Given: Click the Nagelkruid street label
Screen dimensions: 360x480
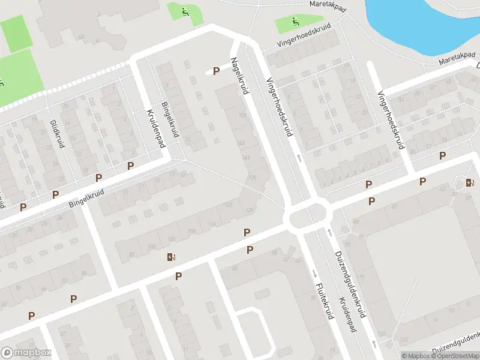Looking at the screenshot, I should point(239,76).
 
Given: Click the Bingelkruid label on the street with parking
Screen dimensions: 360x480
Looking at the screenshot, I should point(86,199).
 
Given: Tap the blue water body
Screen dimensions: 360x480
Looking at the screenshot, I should point(420,21).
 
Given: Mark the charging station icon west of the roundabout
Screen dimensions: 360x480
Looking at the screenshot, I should point(172,257).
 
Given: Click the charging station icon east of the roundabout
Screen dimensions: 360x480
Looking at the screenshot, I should point(469,182).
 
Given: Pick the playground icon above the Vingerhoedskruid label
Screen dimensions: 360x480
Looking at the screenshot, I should point(295,22).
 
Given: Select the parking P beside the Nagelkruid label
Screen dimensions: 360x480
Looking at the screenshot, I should point(216,71).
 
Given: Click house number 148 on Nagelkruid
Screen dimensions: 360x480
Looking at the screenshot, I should point(241,143).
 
